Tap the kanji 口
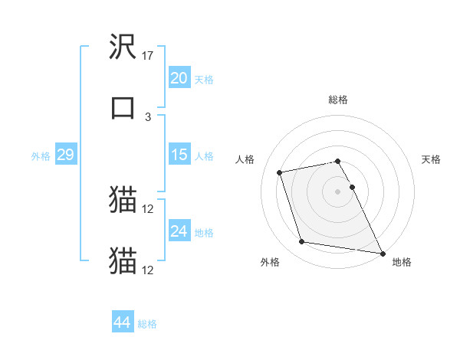coord(123,107)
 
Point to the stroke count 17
coord(148,56)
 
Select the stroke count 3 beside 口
coord(148,116)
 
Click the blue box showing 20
coord(179,78)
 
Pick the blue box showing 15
coord(179,155)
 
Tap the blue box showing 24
coord(179,232)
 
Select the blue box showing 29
coord(65,155)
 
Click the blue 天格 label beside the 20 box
coord(204,80)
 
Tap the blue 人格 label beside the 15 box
coord(204,156)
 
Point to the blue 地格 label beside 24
coord(204,233)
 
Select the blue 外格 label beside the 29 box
coord(41,156)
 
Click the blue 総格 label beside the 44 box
coord(147,324)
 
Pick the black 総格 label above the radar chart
coord(338,100)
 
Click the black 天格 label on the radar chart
coord(431,159)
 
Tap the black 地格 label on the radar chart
coord(402,262)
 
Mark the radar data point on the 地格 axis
coord(381,253)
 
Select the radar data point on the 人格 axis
coord(280,172)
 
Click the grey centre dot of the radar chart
coord(338,191)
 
